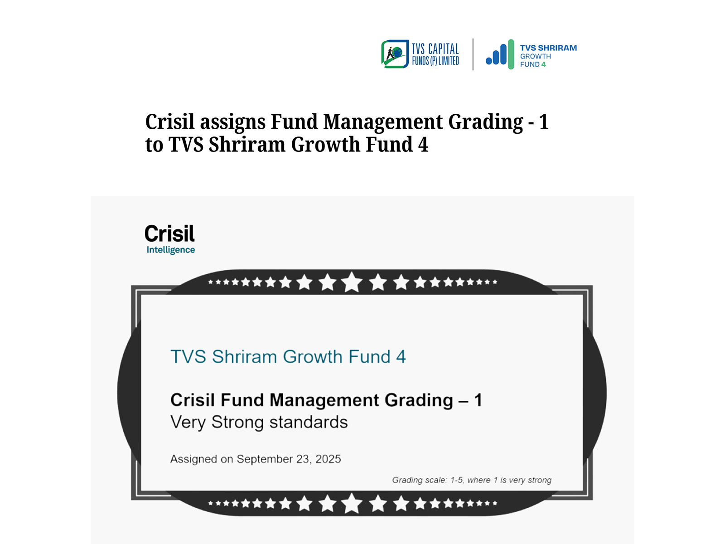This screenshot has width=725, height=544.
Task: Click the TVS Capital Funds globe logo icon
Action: [x=395, y=54]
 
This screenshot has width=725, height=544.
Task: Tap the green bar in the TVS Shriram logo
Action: [x=511, y=54]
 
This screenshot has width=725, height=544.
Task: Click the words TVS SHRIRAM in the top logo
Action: [x=548, y=48]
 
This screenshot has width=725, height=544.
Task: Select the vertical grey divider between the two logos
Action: [x=473, y=54]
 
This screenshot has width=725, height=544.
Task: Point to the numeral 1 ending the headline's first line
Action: [x=544, y=122]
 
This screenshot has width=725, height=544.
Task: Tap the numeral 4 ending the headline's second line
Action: [x=423, y=145]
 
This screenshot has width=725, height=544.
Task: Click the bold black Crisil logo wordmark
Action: [x=170, y=233]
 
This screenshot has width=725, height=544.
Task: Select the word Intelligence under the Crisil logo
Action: [x=170, y=250]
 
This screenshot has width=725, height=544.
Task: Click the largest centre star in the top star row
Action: [x=352, y=282]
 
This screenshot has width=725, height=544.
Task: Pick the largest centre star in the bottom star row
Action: [x=352, y=503]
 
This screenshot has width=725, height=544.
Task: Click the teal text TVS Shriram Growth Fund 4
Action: [x=288, y=357]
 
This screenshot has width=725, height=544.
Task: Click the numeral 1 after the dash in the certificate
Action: [x=478, y=400]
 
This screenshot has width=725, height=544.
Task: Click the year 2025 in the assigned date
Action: [x=328, y=459]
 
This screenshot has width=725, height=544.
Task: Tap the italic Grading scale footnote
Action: [x=472, y=480]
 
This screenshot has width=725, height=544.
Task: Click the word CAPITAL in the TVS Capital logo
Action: [x=444, y=49]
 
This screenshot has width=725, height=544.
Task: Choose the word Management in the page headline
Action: [x=383, y=122]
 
